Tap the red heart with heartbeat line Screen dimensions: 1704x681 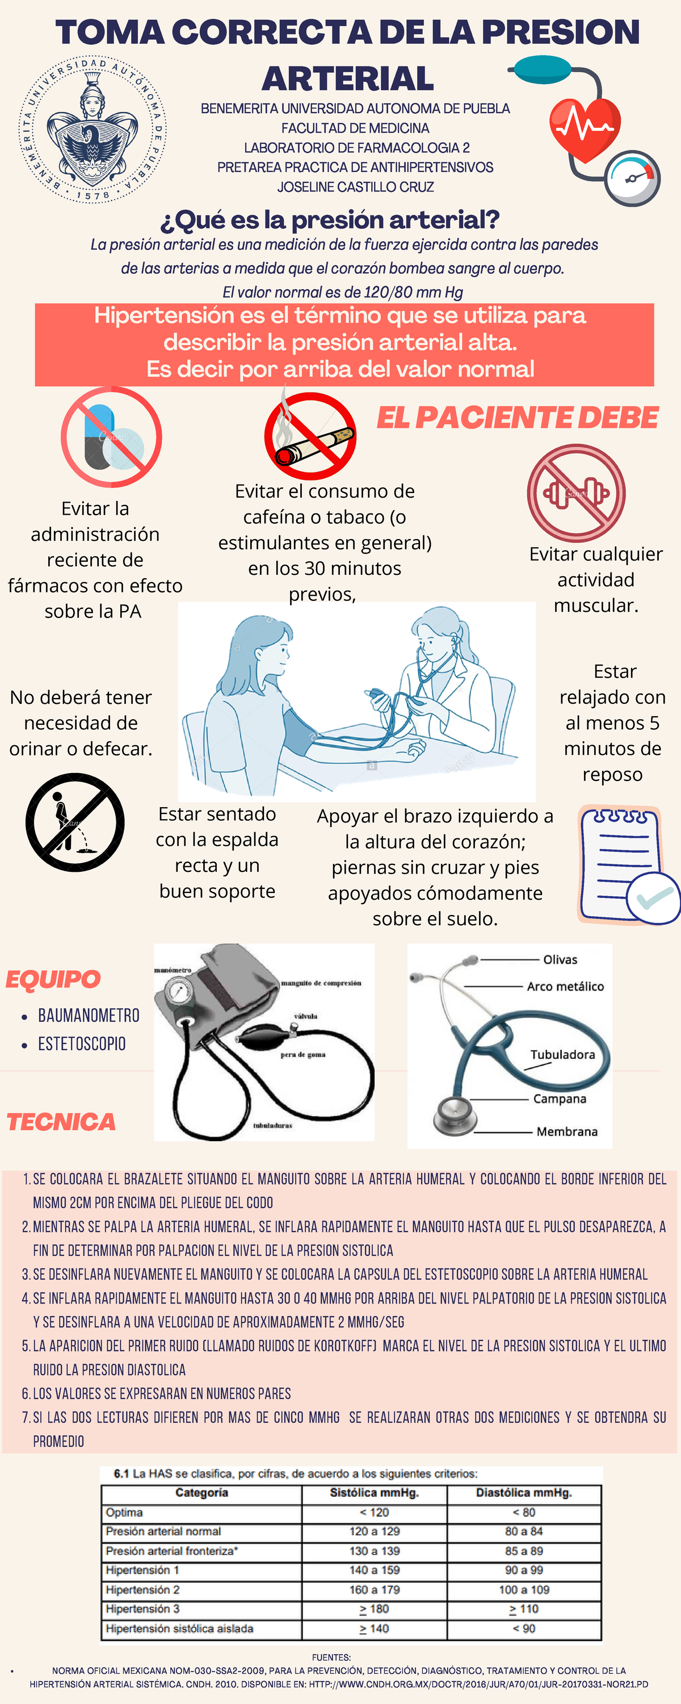coord(585,128)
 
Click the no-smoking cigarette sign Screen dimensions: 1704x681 coord(310,436)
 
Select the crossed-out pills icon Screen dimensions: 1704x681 coord(111,437)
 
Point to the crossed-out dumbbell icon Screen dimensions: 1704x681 coord(576,493)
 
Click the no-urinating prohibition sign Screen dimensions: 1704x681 coord(75,822)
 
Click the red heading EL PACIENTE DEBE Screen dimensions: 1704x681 coord(517,417)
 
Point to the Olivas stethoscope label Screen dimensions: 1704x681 coord(560,960)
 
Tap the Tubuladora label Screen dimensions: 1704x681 coord(562,1054)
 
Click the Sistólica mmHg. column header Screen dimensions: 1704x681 coord(374,1493)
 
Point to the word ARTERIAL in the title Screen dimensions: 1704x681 coord(348,79)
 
